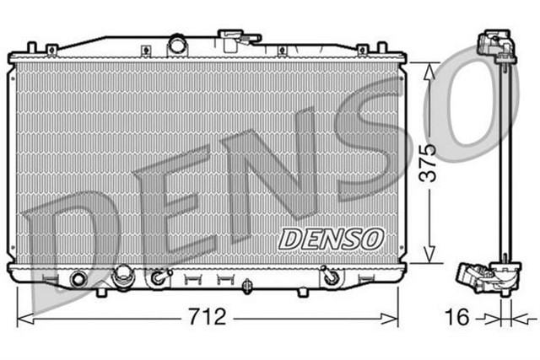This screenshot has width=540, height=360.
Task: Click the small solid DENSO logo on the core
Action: pos(331,239)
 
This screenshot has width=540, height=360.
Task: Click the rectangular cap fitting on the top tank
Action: pos(229,38)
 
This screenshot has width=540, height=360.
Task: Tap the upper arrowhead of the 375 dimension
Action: pos(430,69)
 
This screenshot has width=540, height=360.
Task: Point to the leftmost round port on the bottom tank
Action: pos(79,277)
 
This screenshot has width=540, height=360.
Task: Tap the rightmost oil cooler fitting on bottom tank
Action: pos(330,275)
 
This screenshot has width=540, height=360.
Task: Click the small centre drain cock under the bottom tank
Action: pos(245,287)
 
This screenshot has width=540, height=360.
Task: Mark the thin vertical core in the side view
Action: pos(504,160)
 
